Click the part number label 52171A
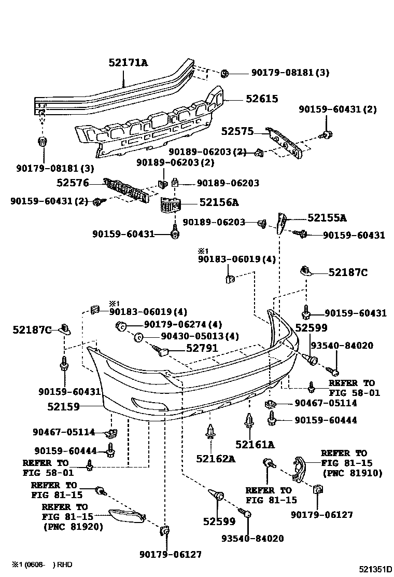[x=128, y=63]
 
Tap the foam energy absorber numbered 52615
[x=150, y=128]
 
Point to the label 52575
[x=237, y=132]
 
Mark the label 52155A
[x=327, y=218]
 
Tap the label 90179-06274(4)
[x=176, y=325]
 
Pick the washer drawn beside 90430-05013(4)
[x=138, y=337]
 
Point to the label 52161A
[x=255, y=445]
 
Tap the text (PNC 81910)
[x=352, y=473]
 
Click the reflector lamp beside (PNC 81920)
[x=126, y=514]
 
